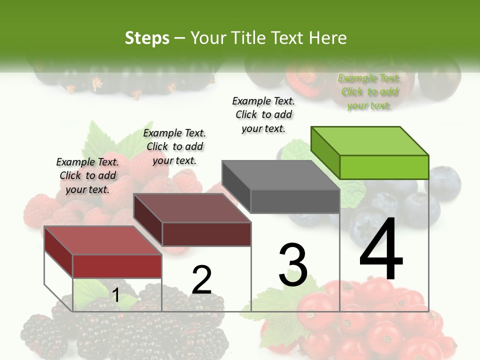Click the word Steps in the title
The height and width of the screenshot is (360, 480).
pos(147,38)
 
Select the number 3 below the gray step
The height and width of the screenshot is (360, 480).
pos(293,264)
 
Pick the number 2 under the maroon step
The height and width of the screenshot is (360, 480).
pos(201,280)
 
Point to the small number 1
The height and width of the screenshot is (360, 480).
pos(115,295)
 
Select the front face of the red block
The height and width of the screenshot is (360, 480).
pos(117,266)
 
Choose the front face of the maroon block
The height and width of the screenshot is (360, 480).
pos(206,234)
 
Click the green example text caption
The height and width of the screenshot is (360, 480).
pos(369,92)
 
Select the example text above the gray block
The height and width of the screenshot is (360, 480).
pos(263,114)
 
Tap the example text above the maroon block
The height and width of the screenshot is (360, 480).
pos(174,146)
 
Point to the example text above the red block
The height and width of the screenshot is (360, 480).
pos(87,175)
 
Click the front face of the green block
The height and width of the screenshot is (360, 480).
pos(384,167)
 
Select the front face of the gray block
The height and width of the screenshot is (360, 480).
pos(295,201)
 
